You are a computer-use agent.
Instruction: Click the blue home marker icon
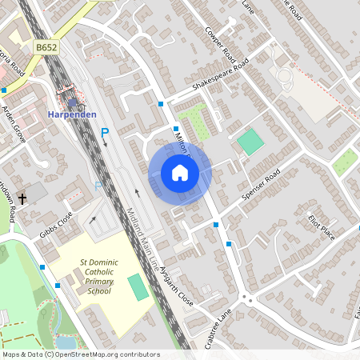(x=180, y=172)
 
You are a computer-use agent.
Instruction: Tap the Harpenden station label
(x=76, y=114)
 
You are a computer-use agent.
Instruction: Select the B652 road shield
(x=46, y=49)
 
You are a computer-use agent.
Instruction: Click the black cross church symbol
(x=22, y=198)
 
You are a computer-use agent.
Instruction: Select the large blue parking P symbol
(x=104, y=133)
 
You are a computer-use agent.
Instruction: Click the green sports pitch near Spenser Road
(x=250, y=143)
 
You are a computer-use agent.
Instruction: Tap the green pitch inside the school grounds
(x=139, y=287)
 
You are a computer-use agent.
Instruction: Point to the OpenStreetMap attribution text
(x=80, y=354)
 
